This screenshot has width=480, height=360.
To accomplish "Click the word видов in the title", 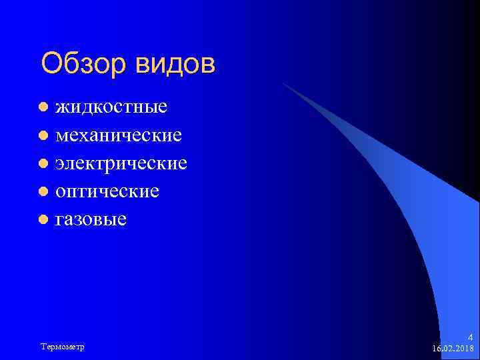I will click(x=176, y=65).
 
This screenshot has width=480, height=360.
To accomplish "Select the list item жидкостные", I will click(x=111, y=106).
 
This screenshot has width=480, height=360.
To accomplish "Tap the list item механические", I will click(x=119, y=135).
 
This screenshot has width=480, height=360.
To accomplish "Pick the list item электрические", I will click(x=121, y=163).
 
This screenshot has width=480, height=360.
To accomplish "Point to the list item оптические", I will click(x=107, y=191).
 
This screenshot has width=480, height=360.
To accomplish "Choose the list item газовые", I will click(x=91, y=219).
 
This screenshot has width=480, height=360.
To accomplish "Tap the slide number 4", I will click(x=470, y=337).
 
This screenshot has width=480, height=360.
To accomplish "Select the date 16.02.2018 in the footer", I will click(x=453, y=349).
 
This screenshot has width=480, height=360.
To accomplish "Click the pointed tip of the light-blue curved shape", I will click(x=283, y=83).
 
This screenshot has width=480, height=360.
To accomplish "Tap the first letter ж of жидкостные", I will click(x=62, y=107).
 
